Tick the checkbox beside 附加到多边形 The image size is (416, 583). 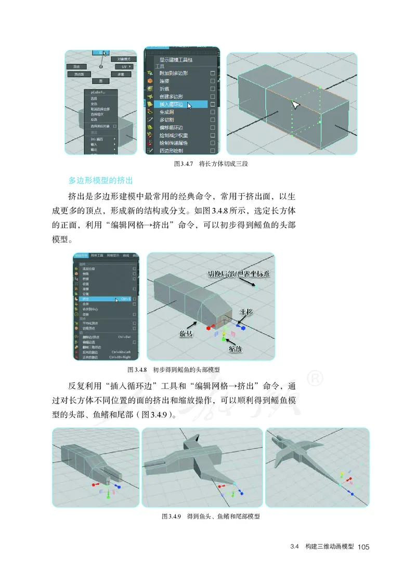pyautogui.click(x=212, y=74)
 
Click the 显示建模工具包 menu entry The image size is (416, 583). pyautogui.click(x=177, y=60)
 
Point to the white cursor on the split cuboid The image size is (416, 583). pyautogui.click(x=295, y=104)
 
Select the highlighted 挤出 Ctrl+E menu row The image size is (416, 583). pyautogui.click(x=104, y=299)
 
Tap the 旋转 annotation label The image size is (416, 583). pyautogui.click(x=187, y=333)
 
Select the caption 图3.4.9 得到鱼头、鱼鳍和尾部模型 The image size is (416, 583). pyautogui.click(x=211, y=516)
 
